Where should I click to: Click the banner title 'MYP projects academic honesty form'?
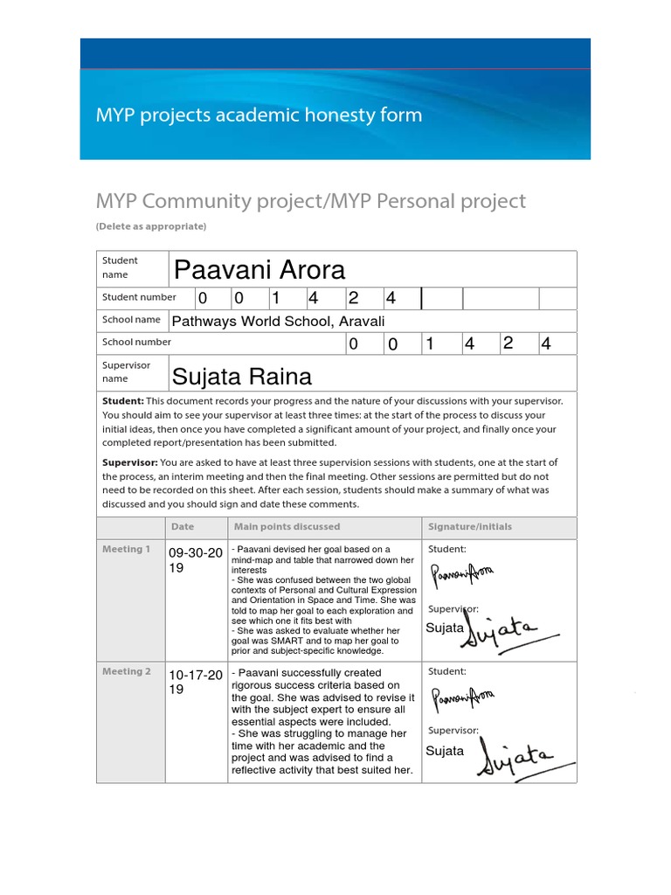pyautogui.click(x=259, y=115)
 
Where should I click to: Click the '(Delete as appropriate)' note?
pyautogui.click(x=151, y=226)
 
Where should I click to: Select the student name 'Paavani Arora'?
pyautogui.click(x=259, y=269)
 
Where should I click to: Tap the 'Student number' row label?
pyautogui.click(x=139, y=297)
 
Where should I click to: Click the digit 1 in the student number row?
pyautogui.click(x=275, y=298)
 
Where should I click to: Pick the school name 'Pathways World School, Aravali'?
pyautogui.click(x=278, y=322)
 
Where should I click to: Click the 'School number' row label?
pyautogui.click(x=136, y=343)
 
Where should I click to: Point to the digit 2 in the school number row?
pyautogui.click(x=508, y=343)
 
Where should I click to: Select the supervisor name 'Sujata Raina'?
pyautogui.click(x=241, y=377)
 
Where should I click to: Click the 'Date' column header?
pyautogui.click(x=183, y=527)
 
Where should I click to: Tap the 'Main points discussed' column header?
pyautogui.click(x=286, y=527)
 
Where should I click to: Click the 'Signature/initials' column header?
pyautogui.click(x=470, y=527)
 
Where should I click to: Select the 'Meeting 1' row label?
pyautogui.click(x=127, y=549)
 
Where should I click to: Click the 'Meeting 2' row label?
pyautogui.click(x=127, y=671)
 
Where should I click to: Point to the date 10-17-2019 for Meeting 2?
pyautogui.click(x=195, y=682)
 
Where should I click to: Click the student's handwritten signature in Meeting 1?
pyautogui.click(x=463, y=574)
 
